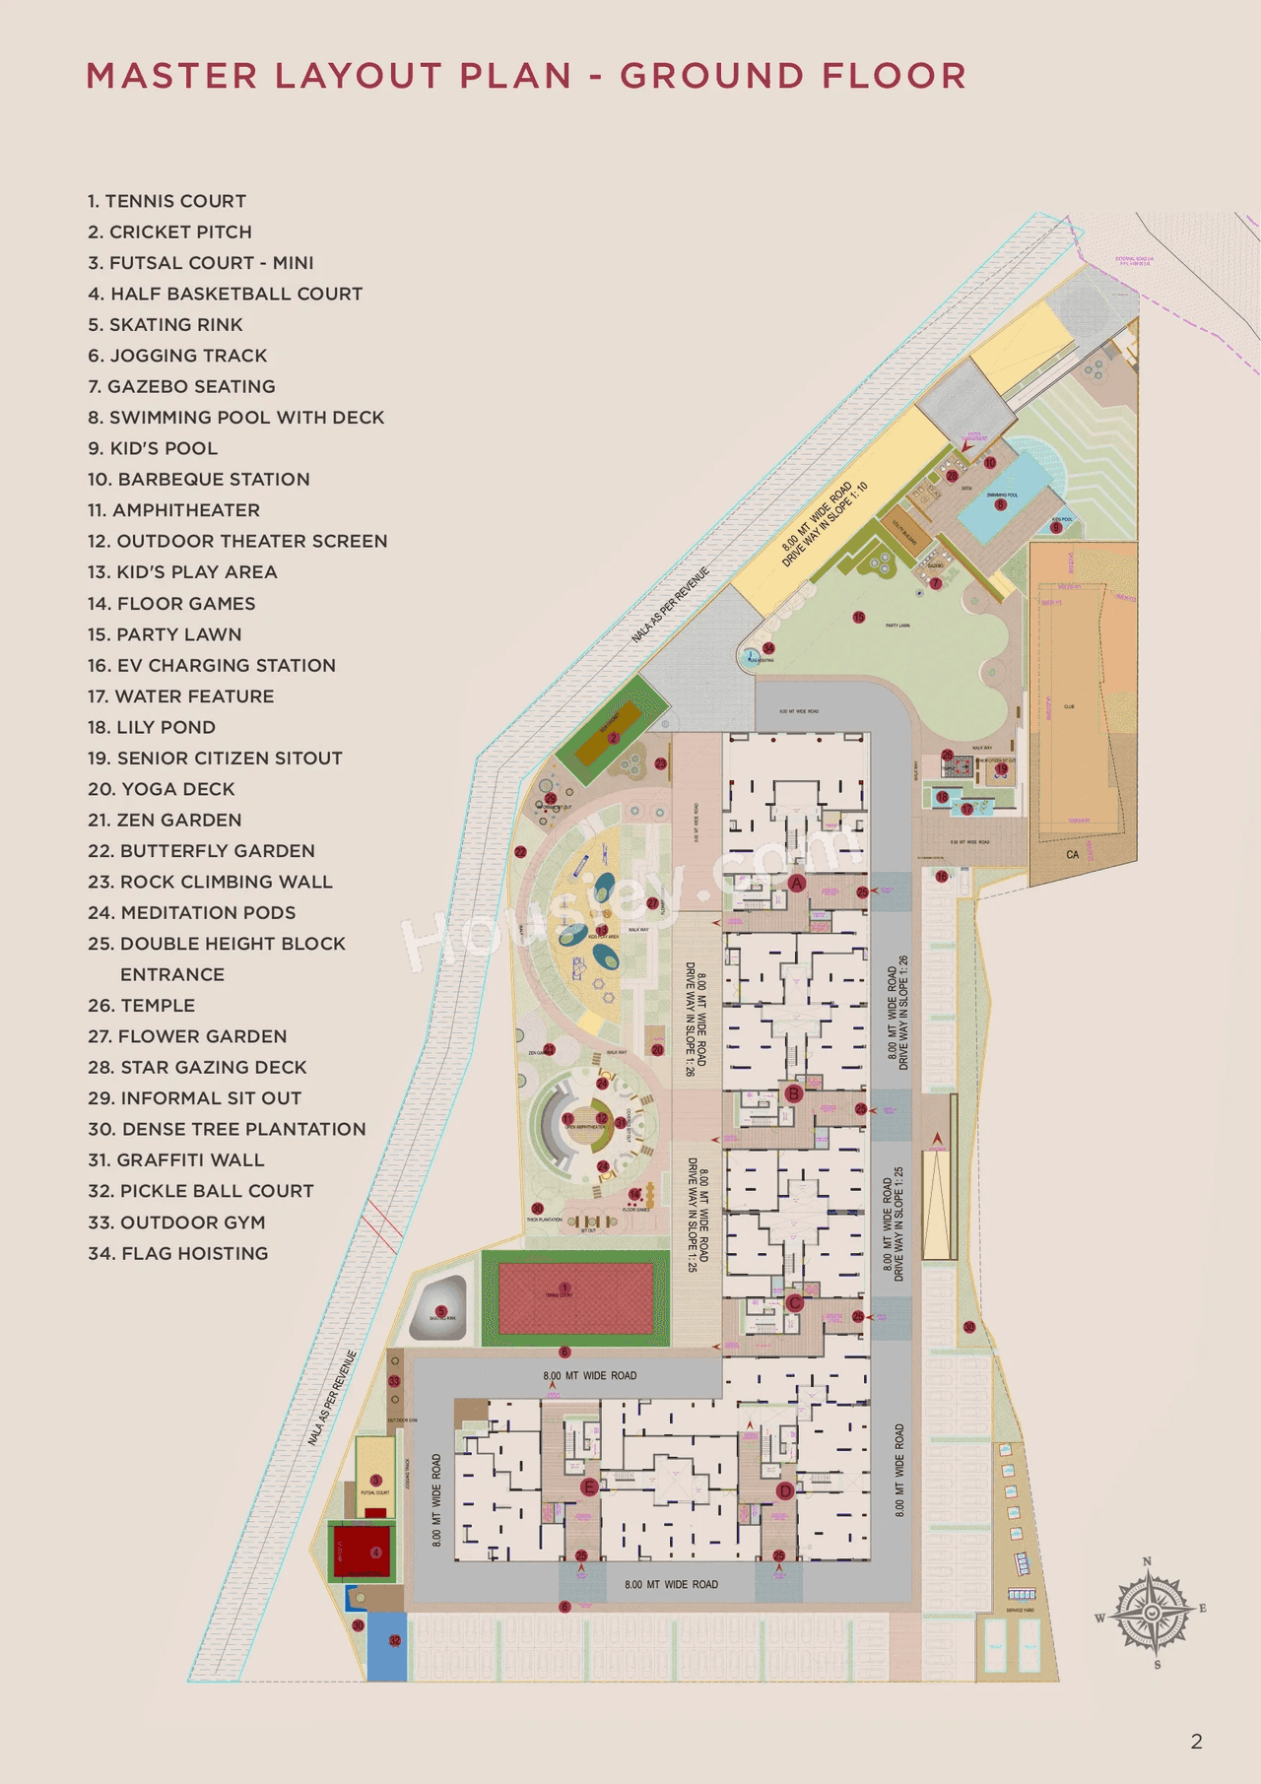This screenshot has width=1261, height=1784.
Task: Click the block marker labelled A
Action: pyautogui.click(x=796, y=884)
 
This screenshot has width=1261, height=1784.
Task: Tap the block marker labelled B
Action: pyautogui.click(x=794, y=1093)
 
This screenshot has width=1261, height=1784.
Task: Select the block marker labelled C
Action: pyautogui.click(x=794, y=1302)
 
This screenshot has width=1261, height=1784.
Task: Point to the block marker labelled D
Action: pyautogui.click(x=784, y=1490)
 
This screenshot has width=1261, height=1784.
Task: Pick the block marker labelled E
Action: pyautogui.click(x=589, y=1487)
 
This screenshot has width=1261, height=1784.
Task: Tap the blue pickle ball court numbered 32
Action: pyautogui.click(x=387, y=1647)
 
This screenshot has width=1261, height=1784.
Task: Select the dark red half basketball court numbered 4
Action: pyautogui.click(x=364, y=1553)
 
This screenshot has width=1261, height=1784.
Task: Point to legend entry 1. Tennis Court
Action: pyautogui.click(x=166, y=201)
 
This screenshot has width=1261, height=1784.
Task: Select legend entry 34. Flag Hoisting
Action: pyautogui.click(x=178, y=1254)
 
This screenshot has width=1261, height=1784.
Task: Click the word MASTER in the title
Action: pyautogui.click(x=171, y=76)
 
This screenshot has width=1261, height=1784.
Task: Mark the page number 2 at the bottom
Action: pyautogui.click(x=1196, y=1742)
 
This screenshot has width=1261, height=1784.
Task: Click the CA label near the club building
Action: pyautogui.click(x=1072, y=855)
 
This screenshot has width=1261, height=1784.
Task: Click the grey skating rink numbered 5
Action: pyautogui.click(x=439, y=1306)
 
